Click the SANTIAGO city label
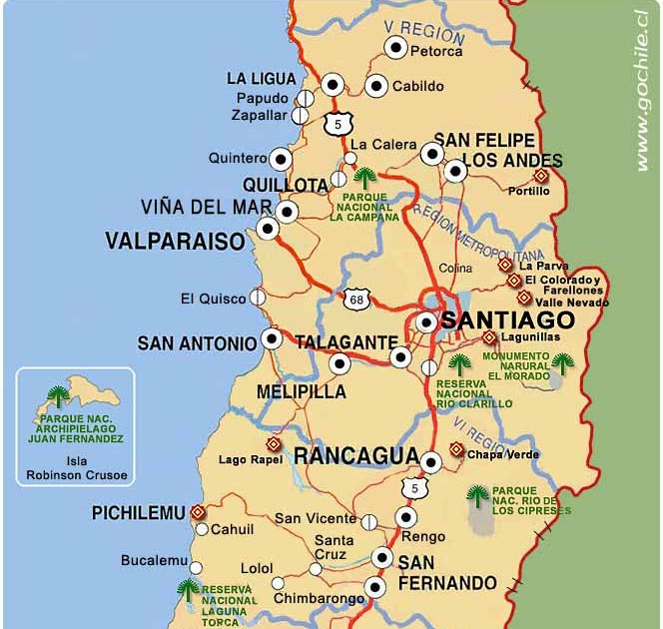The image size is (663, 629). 507,320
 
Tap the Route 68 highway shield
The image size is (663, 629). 356,299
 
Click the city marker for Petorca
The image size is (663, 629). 396,48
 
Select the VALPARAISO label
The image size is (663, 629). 175,242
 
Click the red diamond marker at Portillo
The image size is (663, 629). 540,175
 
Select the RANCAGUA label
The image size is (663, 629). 355,456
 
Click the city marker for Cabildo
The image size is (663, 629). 376,86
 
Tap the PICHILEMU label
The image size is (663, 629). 138,513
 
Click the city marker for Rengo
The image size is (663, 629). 405,517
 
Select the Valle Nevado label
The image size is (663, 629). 569,302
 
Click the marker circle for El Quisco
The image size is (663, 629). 258,297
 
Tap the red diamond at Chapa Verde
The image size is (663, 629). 456,450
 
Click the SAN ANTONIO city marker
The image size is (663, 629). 272,338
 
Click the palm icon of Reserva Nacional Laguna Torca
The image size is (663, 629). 187,588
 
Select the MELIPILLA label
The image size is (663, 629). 302,391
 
